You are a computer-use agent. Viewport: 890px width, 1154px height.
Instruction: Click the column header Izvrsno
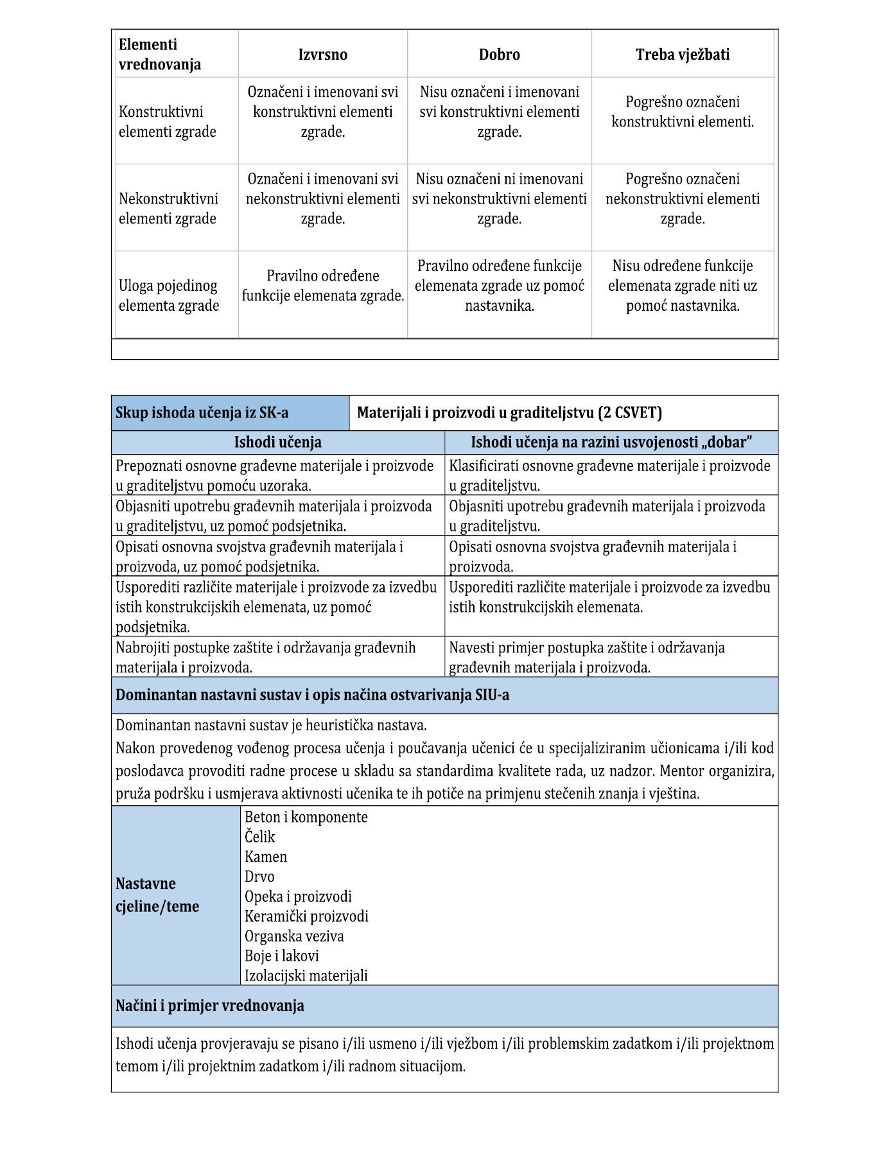[x=322, y=55]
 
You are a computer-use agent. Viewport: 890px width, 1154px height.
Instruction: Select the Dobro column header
[x=499, y=55]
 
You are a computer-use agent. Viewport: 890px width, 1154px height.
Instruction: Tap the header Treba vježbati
[x=682, y=55]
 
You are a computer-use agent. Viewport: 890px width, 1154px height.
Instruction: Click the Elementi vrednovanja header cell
[x=160, y=55]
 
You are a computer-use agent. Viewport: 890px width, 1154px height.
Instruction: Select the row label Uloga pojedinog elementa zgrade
[x=168, y=295]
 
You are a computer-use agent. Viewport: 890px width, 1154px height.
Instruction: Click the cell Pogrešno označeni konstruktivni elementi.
[x=682, y=112]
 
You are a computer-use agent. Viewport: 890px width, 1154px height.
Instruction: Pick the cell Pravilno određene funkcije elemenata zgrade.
[x=322, y=286]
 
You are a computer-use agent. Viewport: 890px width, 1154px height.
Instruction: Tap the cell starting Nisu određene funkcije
[x=682, y=286]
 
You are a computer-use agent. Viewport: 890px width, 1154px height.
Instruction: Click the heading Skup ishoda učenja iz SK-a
[x=202, y=413]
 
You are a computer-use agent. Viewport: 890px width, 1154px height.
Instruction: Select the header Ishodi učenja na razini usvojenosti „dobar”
[x=611, y=442]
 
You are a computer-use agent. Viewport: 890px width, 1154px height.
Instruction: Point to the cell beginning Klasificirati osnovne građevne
[x=609, y=475]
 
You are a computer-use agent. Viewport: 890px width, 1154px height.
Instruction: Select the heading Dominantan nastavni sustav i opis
[x=312, y=695]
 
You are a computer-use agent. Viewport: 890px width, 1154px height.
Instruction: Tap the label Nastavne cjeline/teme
[x=157, y=895]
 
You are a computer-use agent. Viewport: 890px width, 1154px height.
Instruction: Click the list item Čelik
[x=259, y=837]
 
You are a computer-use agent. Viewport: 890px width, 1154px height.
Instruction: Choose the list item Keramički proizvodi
[x=306, y=916]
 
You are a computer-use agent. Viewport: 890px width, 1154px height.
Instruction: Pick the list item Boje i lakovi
[x=281, y=956]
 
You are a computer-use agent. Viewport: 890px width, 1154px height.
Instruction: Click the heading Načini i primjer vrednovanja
[x=209, y=1006]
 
